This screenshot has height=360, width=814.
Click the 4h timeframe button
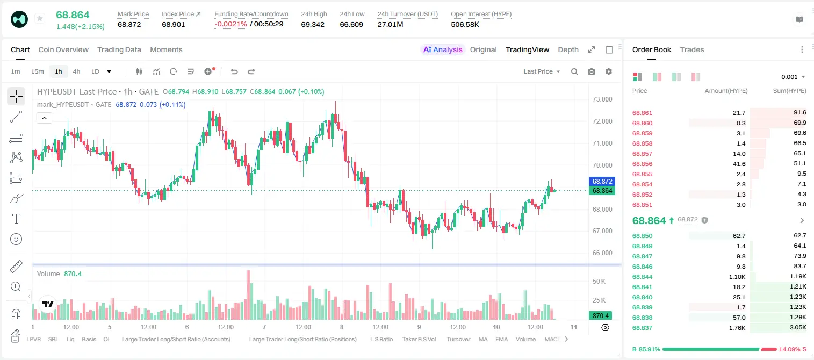pos(76,71)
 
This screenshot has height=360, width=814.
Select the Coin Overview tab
pos(63,49)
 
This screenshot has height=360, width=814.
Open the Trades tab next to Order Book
pos(692,49)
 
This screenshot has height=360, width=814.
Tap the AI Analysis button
pos(443,49)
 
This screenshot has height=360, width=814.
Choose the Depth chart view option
pos(568,49)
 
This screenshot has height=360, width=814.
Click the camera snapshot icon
pos(592,71)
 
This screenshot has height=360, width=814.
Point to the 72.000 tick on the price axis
pos(602,121)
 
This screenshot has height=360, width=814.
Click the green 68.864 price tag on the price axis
pos(602,191)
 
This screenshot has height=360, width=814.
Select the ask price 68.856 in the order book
pos(642,164)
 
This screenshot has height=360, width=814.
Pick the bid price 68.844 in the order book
pos(642,277)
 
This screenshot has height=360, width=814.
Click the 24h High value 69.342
pos(313,24)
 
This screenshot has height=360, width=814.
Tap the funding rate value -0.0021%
pos(230,24)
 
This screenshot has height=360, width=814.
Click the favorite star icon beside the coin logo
pos(40,18)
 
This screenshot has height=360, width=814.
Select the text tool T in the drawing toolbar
pos(16,219)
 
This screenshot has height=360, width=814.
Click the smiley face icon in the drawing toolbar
pos(16,239)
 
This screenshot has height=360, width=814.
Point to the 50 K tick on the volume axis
pos(599,282)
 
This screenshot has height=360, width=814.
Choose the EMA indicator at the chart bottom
pos(501,339)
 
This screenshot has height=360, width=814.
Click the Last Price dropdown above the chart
pos(542,71)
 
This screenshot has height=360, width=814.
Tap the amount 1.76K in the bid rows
pos(737,328)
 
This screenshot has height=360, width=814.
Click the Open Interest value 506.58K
pos(465,24)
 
